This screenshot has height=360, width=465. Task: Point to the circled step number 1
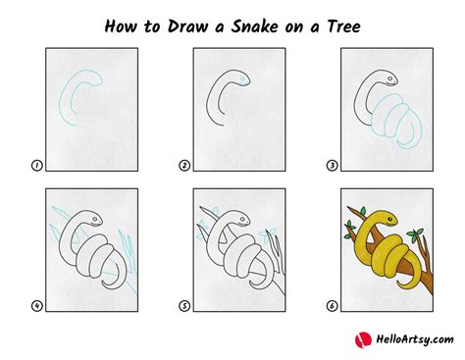click(x=36, y=167)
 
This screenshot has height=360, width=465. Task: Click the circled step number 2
click(x=185, y=167)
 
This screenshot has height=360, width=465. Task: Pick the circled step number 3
click(x=335, y=167)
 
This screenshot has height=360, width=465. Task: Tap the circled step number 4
click(x=36, y=306)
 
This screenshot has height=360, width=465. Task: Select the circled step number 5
click(x=185, y=306)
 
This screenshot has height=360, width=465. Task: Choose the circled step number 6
click(x=335, y=306)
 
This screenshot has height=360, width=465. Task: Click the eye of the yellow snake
click(x=375, y=212)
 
